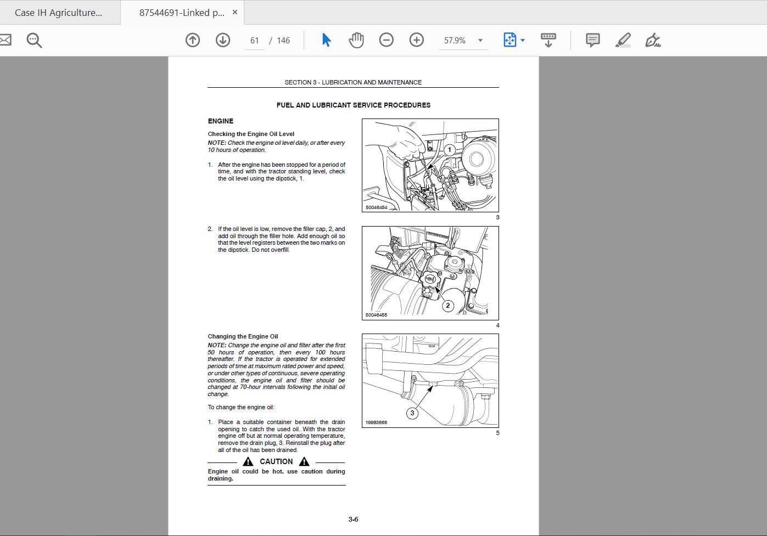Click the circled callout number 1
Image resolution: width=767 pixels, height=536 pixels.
(450, 149)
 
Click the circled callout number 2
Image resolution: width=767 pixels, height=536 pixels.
(448, 306)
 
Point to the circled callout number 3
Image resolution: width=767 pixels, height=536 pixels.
(412, 413)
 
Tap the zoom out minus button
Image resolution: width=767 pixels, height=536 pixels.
(386, 40)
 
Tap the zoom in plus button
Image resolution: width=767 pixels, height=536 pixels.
(416, 40)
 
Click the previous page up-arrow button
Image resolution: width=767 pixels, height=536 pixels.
(193, 40)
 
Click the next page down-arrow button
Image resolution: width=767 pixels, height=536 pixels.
(223, 40)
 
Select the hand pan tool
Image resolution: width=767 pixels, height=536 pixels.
(356, 40)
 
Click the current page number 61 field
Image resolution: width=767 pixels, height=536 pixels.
(254, 41)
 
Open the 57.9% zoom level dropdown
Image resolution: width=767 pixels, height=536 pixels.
(480, 41)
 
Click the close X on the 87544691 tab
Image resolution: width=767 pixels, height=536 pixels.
(235, 12)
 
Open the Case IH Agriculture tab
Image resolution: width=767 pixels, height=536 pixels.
(58, 13)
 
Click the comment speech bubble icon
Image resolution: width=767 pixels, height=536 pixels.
(593, 40)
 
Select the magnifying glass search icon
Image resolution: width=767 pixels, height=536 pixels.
(34, 40)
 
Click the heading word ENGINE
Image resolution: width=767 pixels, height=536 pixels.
(221, 121)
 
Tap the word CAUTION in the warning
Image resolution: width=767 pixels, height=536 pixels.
(276, 461)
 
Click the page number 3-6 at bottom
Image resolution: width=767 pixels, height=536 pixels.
(354, 519)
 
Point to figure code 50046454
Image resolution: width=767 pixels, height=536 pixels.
(376, 207)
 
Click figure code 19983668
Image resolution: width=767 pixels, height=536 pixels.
(376, 422)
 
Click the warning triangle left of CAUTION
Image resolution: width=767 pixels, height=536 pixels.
(248, 462)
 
